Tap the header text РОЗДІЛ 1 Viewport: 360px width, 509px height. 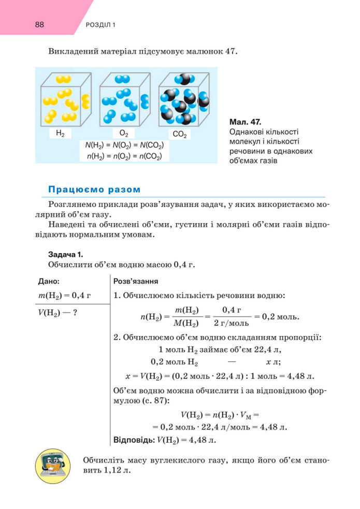pyautogui.click(x=99, y=25)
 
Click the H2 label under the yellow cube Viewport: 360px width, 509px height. pyautogui.click(x=60, y=133)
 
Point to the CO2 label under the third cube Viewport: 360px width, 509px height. pyautogui.click(x=179, y=134)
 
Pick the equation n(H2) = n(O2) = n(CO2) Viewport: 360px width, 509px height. pyautogui.click(x=124, y=156)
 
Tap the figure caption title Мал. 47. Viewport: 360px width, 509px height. pyautogui.click(x=244, y=122)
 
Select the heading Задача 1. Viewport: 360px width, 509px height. pyautogui.click(x=65, y=255)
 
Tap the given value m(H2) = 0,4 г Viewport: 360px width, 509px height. pyautogui.click(x=65, y=296)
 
